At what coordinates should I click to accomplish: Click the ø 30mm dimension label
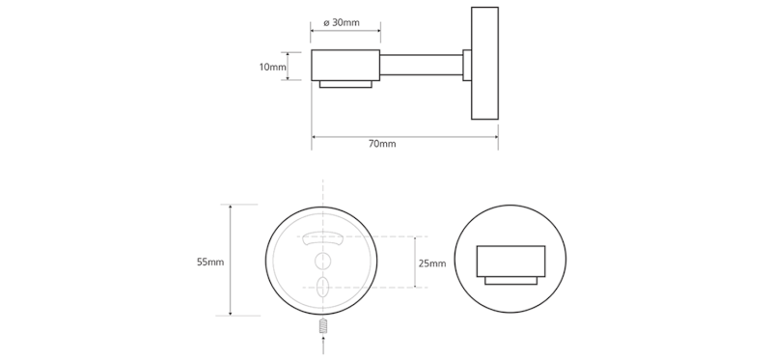345,21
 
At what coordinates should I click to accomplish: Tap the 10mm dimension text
273,68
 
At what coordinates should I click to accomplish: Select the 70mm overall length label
382,145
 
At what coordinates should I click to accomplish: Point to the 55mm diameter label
209,262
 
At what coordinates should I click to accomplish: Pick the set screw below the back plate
322,330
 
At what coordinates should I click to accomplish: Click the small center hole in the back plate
322,261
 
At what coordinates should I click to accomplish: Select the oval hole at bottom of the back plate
322,285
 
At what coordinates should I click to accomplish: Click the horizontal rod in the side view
422,66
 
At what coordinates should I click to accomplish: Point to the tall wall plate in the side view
484,65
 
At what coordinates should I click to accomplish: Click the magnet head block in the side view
345,66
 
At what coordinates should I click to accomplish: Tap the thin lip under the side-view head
345,86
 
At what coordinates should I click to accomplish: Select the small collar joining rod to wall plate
467,66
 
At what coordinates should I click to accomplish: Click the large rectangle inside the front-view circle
511,261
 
